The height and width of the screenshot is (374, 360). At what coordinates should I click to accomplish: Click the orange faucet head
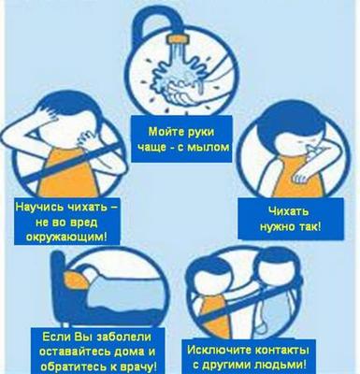pos(179,39)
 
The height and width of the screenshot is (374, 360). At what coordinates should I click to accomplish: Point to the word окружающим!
pos(66,237)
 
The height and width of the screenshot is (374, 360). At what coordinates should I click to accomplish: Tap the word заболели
pos(124,338)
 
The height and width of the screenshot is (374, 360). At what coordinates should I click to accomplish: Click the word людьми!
pos(284,365)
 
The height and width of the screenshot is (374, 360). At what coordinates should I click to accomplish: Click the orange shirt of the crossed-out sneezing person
pos(68,174)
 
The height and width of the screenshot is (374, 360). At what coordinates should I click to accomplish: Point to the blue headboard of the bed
pos(58,287)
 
